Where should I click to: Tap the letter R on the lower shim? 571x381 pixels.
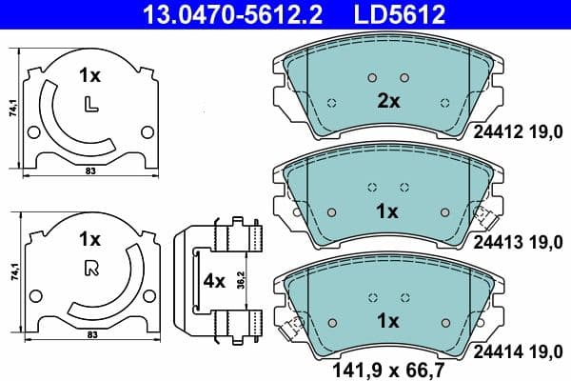[x=90, y=268]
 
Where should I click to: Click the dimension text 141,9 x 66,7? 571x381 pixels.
[x=387, y=369]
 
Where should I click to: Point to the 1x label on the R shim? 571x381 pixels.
[x=89, y=239]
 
